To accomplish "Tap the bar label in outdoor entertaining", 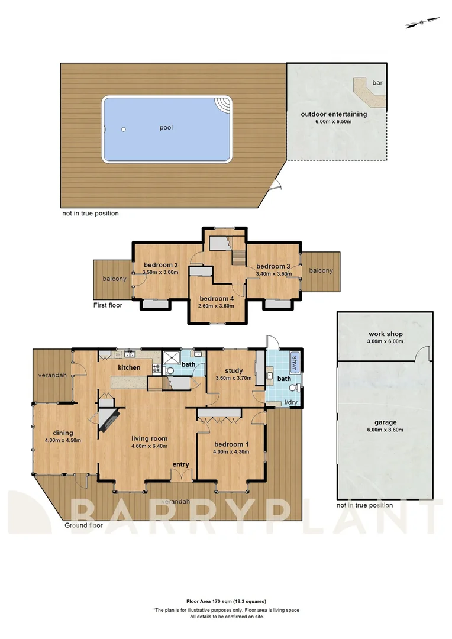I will click(x=377, y=83).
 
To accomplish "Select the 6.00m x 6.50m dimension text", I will click(x=334, y=122).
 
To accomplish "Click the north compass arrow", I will click(x=420, y=24).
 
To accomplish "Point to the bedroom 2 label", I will click(x=160, y=265).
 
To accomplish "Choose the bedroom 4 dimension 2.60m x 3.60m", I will click(x=217, y=306).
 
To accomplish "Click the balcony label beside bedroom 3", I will click(x=320, y=270).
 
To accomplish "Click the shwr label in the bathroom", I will click(x=295, y=361).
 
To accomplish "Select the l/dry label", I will click(x=290, y=402).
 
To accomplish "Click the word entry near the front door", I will click(x=180, y=464).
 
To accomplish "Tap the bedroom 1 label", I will click(x=231, y=444).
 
